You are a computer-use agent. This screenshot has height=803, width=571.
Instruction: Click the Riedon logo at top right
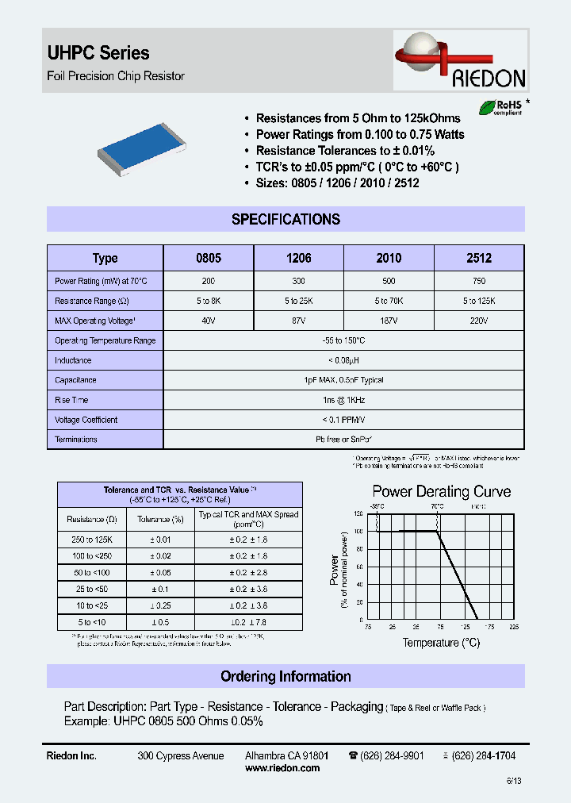point(461,63)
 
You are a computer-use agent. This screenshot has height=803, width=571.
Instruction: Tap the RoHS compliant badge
point(497,108)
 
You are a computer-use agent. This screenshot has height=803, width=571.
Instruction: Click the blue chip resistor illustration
point(142,148)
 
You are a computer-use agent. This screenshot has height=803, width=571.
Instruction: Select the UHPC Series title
point(99,53)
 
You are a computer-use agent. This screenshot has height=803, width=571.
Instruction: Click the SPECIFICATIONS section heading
point(285,220)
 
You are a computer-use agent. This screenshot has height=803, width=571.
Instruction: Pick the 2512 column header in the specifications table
point(479,258)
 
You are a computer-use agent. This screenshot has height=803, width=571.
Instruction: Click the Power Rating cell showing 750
point(479,281)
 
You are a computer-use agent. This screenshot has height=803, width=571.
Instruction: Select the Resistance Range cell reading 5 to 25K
point(299,301)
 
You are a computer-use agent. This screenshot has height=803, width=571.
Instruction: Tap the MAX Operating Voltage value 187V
point(389,321)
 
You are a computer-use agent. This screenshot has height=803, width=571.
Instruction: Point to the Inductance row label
point(73,360)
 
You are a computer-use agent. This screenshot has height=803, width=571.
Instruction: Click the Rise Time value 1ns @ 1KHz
point(343,400)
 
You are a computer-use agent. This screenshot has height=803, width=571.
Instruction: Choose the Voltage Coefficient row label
point(86,420)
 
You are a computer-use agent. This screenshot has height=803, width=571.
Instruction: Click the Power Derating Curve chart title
point(442,492)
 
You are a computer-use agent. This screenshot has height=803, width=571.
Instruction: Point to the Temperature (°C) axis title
point(441,643)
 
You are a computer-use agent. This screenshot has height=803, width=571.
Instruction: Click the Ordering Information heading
point(285,677)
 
